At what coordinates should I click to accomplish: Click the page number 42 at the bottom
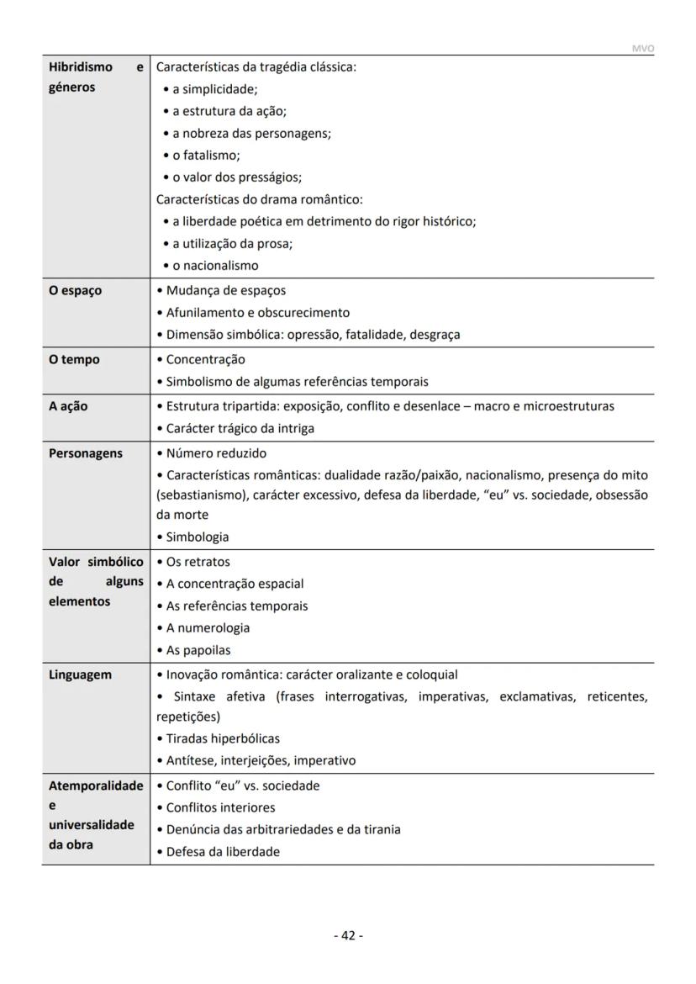tap(348, 935)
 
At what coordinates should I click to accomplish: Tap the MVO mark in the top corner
tap(642, 49)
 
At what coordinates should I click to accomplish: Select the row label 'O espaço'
tap(75, 290)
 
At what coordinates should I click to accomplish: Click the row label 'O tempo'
tap(74, 359)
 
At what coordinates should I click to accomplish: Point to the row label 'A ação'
tap(68, 406)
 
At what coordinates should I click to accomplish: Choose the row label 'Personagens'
tap(85, 453)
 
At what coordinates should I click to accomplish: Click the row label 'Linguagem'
tap(80, 675)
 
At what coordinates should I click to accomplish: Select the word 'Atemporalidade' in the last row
tap(96, 786)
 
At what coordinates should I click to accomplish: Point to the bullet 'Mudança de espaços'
tap(225, 290)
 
